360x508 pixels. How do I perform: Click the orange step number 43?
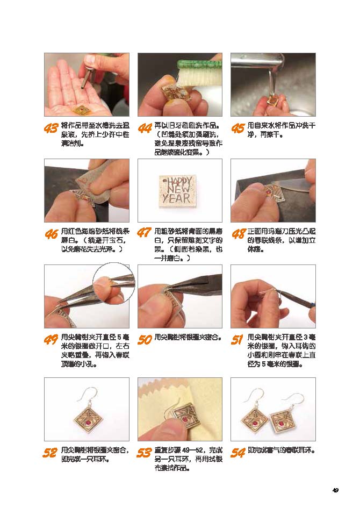coord(51,128)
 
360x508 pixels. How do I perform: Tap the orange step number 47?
coord(144,233)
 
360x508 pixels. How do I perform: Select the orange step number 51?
coord(237,339)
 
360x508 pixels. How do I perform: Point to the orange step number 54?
coord(237,452)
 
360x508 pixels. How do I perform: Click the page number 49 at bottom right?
coord(335,490)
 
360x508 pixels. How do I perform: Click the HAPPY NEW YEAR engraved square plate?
coord(177,191)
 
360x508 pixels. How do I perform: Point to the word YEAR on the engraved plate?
coord(177,198)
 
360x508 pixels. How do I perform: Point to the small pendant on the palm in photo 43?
coord(83,109)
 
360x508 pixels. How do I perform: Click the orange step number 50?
coord(145,339)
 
